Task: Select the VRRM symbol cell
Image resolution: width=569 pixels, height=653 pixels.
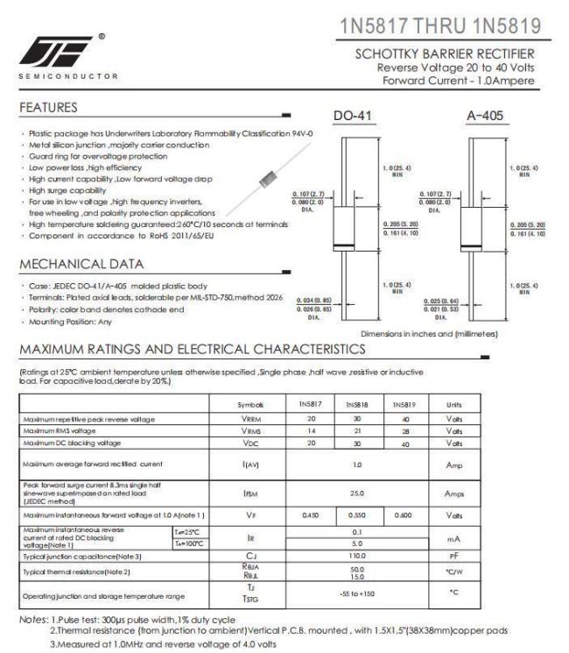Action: coord(249,422)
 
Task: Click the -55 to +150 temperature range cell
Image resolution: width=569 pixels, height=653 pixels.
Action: coord(355,594)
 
